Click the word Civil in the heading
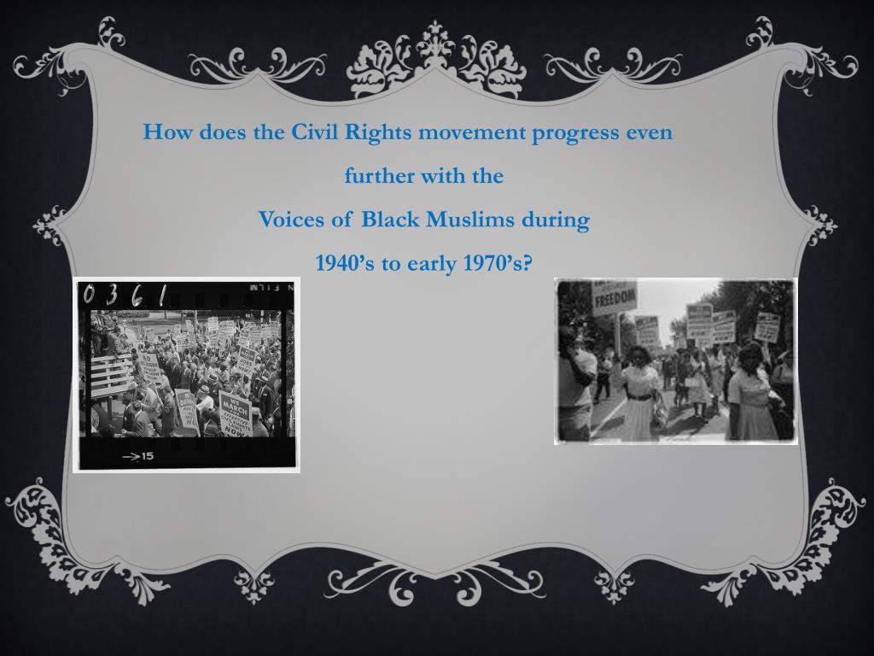[x=316, y=132]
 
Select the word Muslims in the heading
[x=470, y=220]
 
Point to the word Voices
[x=293, y=220]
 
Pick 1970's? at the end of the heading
[x=497, y=263]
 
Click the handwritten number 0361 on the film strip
[x=125, y=296]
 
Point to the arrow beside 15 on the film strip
[x=130, y=457]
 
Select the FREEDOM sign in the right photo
[x=615, y=298]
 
